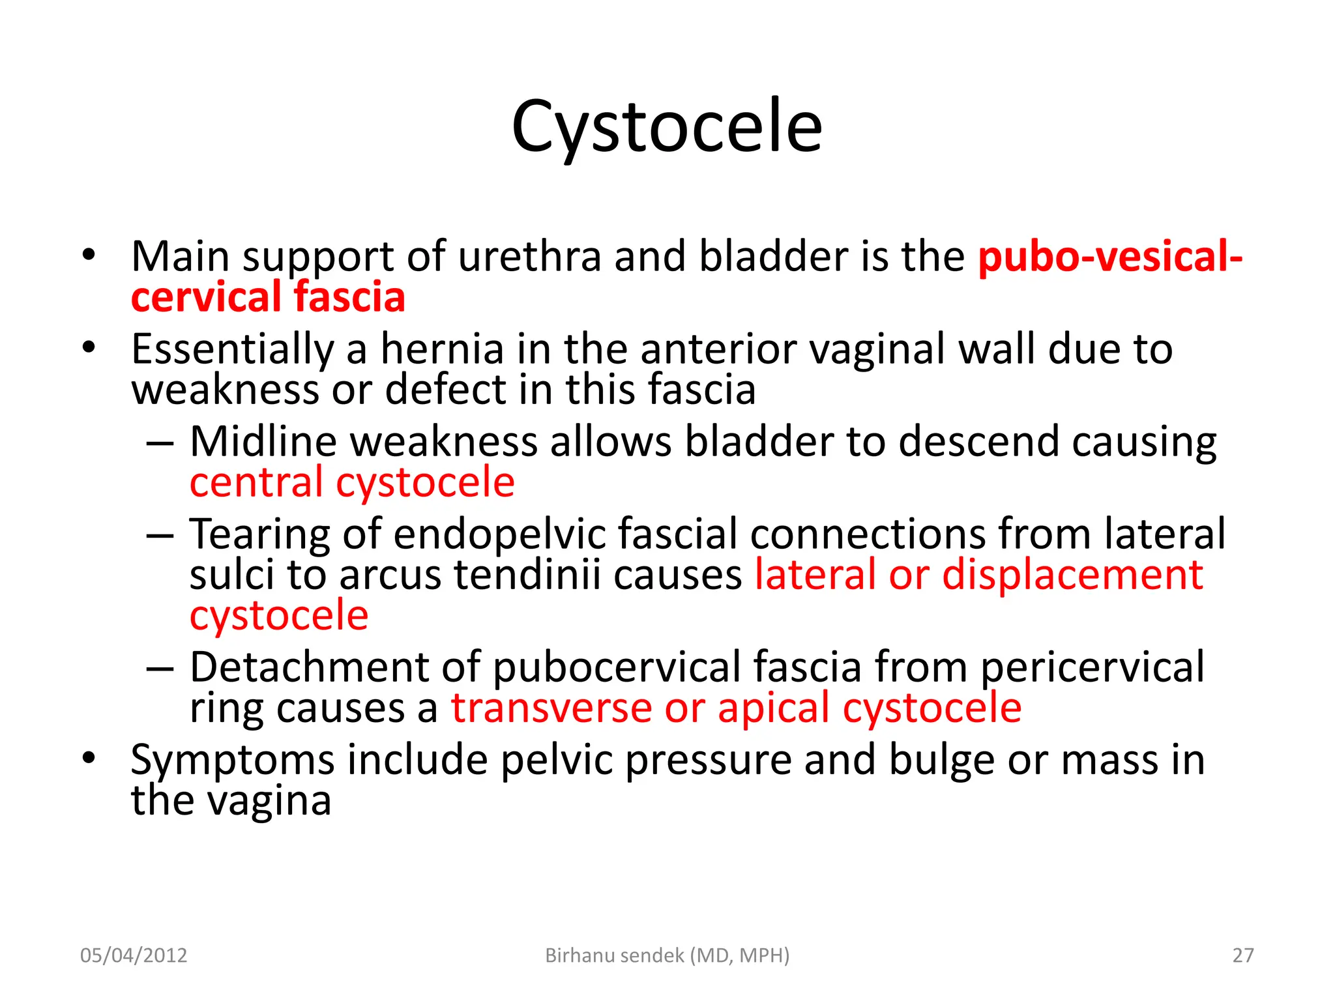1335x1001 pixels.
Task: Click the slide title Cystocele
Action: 666,127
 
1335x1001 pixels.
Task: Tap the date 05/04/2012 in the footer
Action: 134,955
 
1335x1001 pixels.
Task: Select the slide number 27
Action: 1242,955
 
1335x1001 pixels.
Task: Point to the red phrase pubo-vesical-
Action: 1109,256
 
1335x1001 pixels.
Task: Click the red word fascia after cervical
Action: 349,297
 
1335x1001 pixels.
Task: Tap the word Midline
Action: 263,442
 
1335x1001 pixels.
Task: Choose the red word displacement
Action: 1072,575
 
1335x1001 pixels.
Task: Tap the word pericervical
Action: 1092,668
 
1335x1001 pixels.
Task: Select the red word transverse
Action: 551,708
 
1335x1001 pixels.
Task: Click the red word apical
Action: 774,710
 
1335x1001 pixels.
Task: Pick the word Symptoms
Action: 232,761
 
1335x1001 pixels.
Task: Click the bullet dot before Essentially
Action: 89,347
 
